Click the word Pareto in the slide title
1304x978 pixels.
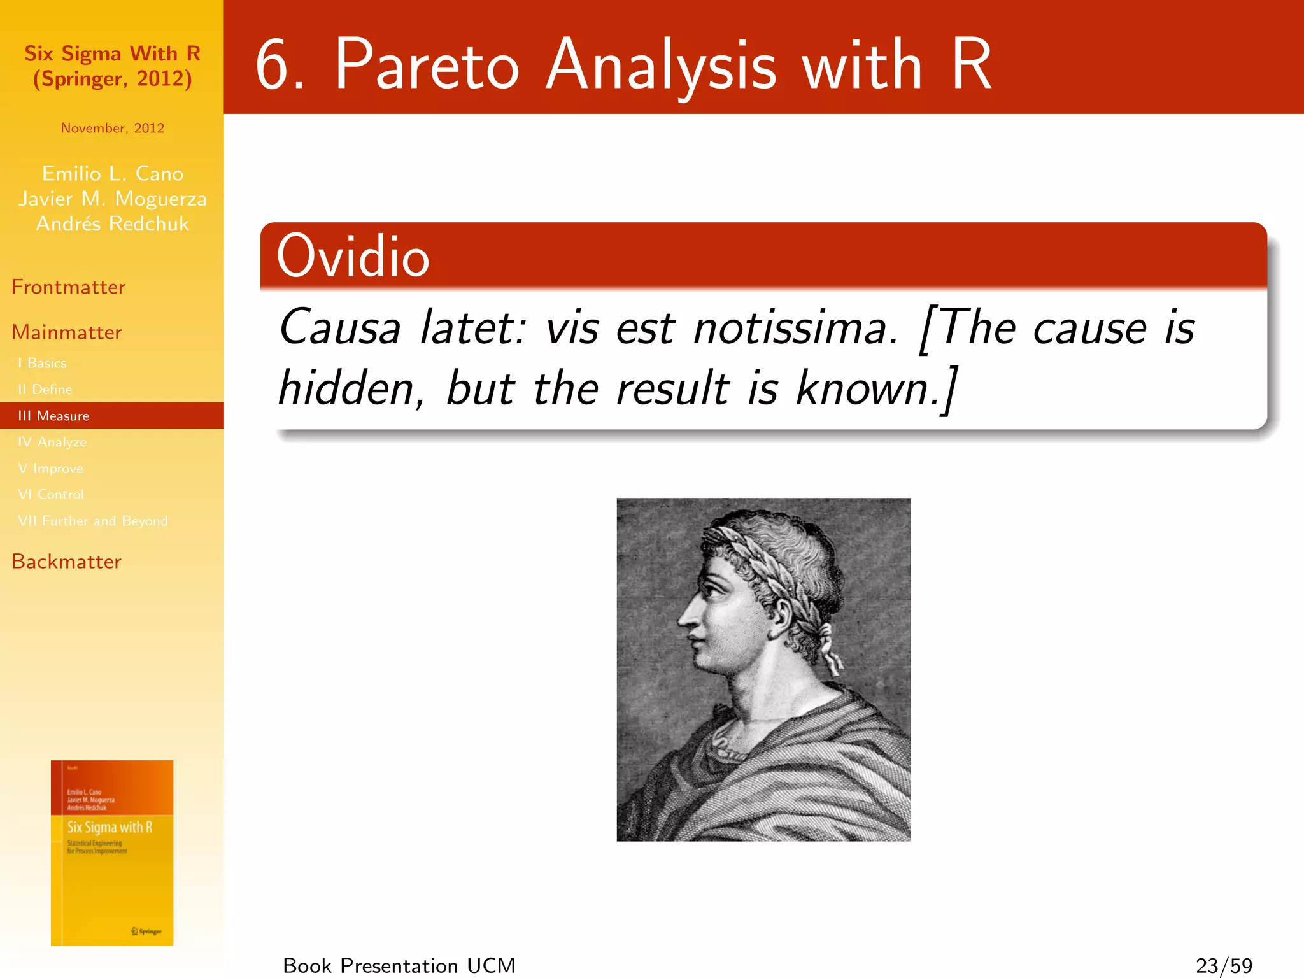(x=427, y=65)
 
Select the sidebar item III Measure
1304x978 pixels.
(x=53, y=416)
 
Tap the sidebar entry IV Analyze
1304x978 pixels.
(x=52, y=442)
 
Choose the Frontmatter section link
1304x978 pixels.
(x=68, y=287)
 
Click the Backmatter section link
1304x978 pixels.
(x=66, y=562)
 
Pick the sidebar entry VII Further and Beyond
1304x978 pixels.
(x=93, y=521)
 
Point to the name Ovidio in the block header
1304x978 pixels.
(x=353, y=256)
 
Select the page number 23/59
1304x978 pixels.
(x=1224, y=965)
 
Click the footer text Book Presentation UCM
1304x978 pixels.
(x=399, y=965)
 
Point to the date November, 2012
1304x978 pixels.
(x=113, y=128)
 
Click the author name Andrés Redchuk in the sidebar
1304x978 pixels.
(x=113, y=224)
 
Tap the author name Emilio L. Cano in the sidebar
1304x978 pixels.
(x=113, y=173)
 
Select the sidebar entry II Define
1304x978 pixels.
(x=45, y=389)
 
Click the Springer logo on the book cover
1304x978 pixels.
(x=147, y=931)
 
